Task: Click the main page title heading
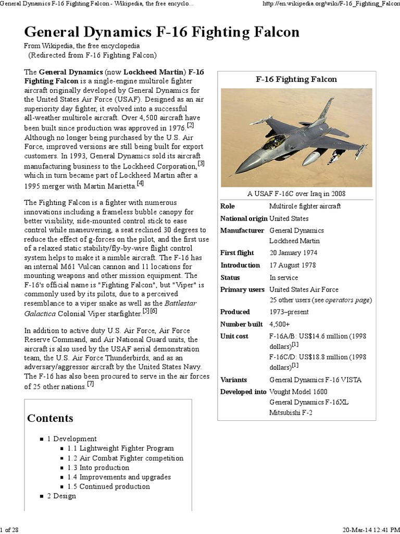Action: [x=162, y=32]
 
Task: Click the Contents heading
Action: [x=50, y=418]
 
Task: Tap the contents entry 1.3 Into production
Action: [x=98, y=467]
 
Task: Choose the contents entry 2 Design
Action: [x=61, y=495]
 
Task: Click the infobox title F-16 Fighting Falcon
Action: [x=296, y=79]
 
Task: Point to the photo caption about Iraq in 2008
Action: [x=296, y=194]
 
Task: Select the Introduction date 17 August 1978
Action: [x=293, y=265]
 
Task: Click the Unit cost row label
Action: [x=234, y=336]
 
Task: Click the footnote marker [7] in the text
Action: [x=91, y=384]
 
